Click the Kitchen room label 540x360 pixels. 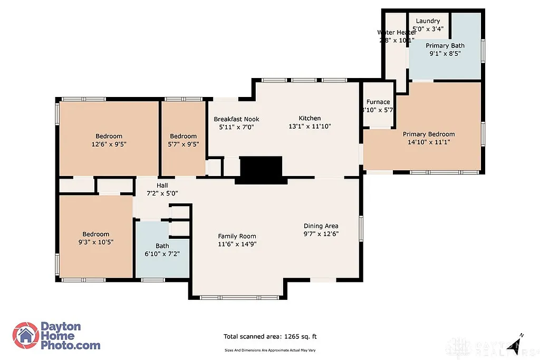click(310, 119)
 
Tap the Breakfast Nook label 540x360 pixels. click(236, 119)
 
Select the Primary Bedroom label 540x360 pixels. click(429, 134)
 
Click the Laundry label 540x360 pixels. click(427, 21)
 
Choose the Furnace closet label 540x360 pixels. click(378, 102)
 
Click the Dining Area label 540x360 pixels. click(321, 226)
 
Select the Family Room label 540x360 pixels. click(237, 237)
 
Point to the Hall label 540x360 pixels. click(162, 186)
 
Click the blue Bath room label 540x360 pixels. click(162, 246)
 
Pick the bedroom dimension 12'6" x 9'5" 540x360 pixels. click(109, 143)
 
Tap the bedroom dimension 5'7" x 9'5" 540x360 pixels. click(183, 143)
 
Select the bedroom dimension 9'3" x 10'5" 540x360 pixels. click(95, 242)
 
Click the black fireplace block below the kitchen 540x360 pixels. click(262, 170)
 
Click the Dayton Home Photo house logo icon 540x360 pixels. click(25, 336)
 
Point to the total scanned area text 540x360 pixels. click(270, 336)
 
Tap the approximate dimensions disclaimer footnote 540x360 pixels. click(270, 350)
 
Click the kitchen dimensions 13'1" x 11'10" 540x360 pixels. click(310, 127)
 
